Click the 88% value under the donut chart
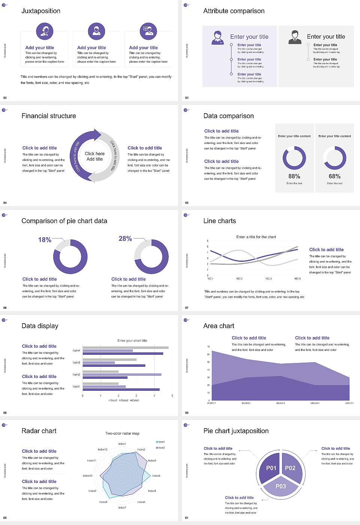click(x=294, y=176)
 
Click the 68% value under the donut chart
click(x=334, y=176)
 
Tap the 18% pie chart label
click(x=45, y=240)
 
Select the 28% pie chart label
click(x=125, y=238)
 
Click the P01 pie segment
click(x=271, y=468)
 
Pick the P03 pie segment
click(x=280, y=486)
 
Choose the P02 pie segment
click(x=290, y=468)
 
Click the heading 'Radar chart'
click(x=39, y=431)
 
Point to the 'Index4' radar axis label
click(x=156, y=475)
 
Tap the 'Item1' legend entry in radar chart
click(x=160, y=442)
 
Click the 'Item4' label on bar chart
click(x=76, y=351)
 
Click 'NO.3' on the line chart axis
click(x=268, y=279)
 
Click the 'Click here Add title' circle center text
click(x=94, y=156)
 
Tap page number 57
click(x=187, y=308)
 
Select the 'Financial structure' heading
click(x=49, y=116)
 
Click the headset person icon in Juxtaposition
click(x=45, y=31)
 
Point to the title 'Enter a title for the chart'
click(x=256, y=237)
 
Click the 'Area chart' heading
click(x=219, y=326)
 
